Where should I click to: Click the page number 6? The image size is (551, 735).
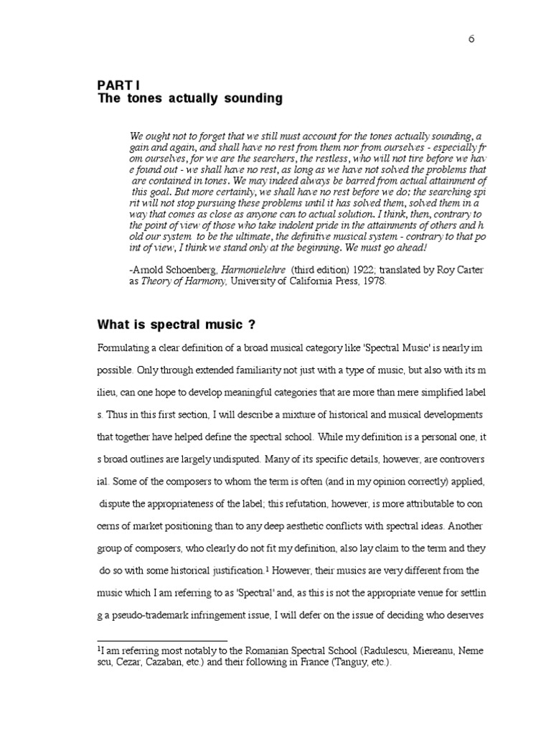click(x=471, y=39)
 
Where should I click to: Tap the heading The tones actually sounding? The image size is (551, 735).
click(x=190, y=98)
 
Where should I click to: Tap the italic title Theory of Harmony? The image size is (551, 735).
click(x=188, y=281)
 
